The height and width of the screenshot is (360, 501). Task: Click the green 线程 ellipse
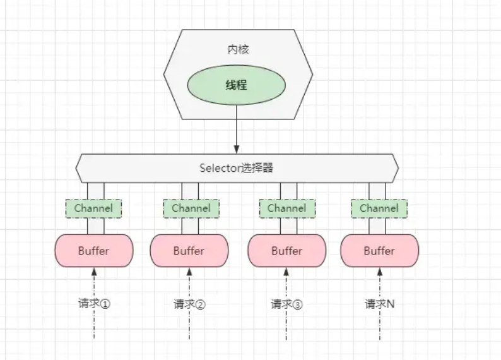coord(237,85)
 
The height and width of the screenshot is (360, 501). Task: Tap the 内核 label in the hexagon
coord(237,49)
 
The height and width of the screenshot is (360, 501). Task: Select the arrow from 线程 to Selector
coord(237,129)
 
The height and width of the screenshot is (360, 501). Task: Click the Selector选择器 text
coord(237,168)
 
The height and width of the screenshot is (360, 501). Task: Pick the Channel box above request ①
coord(93,208)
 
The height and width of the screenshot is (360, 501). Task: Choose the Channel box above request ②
coord(191,208)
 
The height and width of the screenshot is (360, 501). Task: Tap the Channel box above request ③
coord(286,208)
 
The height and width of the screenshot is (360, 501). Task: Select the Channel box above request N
coord(379,208)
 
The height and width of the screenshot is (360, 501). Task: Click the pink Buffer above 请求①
coord(94,251)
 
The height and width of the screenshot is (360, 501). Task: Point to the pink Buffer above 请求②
coord(189,251)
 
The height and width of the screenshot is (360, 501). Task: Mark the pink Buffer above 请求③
coord(286,251)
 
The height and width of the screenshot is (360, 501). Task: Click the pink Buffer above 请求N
coord(379,251)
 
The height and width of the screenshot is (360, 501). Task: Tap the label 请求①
coord(94,304)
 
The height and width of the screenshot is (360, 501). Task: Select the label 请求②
coord(189,304)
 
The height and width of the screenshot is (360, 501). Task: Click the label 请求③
coord(286,304)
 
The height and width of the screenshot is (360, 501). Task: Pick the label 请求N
coord(379,304)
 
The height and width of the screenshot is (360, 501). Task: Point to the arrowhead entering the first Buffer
coord(94,271)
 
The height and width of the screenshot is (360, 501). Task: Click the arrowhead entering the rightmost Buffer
coord(379,271)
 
